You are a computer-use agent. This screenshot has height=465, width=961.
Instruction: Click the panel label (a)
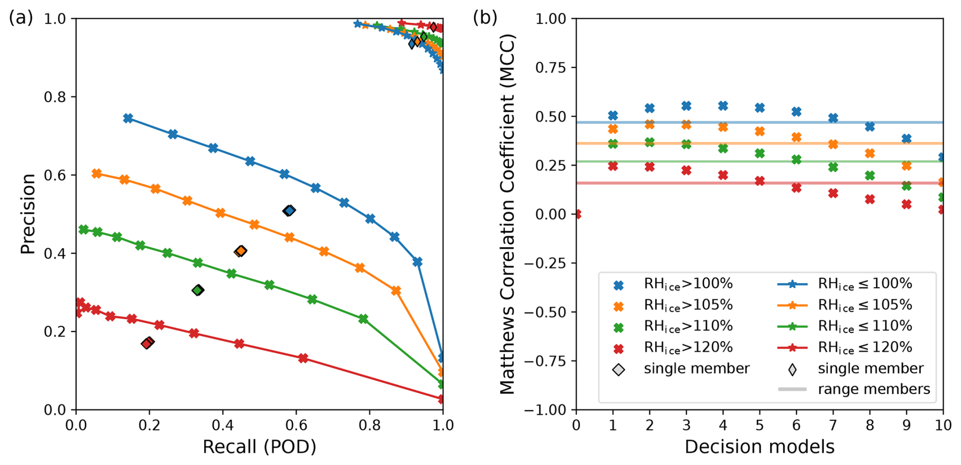(x=21, y=18)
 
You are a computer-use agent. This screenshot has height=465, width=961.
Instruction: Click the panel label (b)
(x=485, y=18)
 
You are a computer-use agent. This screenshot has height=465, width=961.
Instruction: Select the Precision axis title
(x=28, y=214)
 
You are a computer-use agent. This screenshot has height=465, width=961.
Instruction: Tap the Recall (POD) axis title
(x=259, y=447)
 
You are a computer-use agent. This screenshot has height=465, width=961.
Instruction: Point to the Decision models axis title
(x=759, y=447)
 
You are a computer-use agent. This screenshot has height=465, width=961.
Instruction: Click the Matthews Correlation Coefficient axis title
(x=507, y=214)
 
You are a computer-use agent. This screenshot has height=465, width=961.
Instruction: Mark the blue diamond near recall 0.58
(x=289, y=211)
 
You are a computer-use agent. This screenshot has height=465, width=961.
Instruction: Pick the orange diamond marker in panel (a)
(x=241, y=251)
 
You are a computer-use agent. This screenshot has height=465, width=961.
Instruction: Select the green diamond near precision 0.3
(x=198, y=290)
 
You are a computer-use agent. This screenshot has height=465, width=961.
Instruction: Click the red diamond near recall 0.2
(x=147, y=343)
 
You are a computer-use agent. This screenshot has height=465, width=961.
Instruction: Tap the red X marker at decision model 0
(x=576, y=214)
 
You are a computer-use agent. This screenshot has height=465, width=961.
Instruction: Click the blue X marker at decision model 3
(x=686, y=106)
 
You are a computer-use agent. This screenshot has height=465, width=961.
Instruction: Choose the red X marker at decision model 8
(x=870, y=200)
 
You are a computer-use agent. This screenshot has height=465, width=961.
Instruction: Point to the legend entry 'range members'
(x=874, y=389)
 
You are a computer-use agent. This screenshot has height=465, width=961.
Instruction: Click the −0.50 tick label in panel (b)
(x=544, y=312)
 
